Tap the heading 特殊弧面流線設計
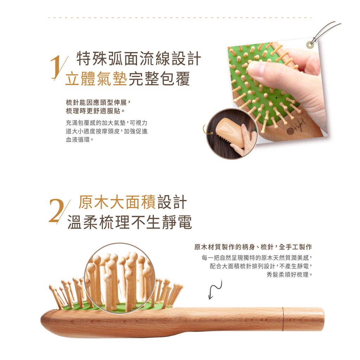pos(139,59)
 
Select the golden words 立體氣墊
pos(96,79)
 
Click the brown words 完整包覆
pos(159,79)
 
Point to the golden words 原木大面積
pos(117,202)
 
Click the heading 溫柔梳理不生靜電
pos(130,222)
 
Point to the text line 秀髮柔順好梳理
pos(290,274)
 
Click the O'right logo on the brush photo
pos(296,127)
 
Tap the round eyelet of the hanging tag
pos(310,45)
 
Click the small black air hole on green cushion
pos(276,98)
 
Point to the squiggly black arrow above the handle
pos(215,290)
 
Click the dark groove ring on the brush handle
pos(283,319)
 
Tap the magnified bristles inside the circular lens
pos(120,278)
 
